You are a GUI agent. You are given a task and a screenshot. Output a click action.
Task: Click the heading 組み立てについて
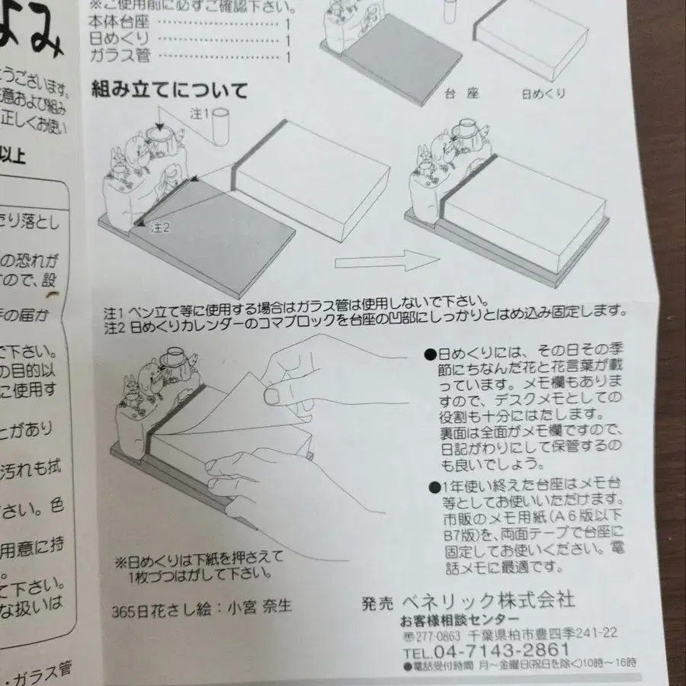pos(170,91)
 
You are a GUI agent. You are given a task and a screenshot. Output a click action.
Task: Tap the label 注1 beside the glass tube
pos(198,115)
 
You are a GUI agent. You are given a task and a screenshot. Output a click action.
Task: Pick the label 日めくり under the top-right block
pos(543,94)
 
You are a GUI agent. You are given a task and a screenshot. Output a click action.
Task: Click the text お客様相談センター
pos(460,618)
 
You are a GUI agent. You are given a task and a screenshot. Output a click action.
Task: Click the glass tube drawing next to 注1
pos(221,125)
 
